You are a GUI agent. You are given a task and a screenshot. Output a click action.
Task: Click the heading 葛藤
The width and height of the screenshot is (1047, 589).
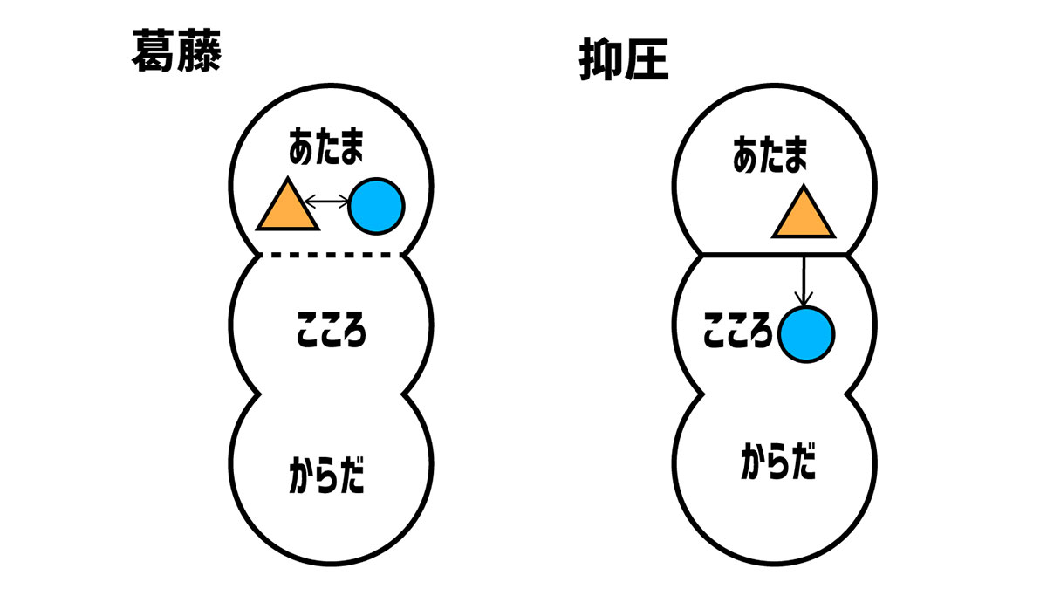coord(174,52)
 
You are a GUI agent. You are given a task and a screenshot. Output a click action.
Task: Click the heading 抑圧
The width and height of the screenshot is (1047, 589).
coord(623,62)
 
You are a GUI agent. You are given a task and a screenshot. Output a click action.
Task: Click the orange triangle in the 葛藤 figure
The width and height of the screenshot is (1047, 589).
coord(287,209)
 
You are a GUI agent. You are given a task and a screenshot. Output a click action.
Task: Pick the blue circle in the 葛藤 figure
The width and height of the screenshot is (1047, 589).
coord(376,208)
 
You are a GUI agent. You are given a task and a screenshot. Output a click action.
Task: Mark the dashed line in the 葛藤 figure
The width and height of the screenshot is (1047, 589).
coord(332,255)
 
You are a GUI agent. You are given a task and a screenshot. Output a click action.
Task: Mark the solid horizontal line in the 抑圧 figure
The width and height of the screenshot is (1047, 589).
coord(775,254)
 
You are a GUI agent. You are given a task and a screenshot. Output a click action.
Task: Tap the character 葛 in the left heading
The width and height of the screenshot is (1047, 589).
coord(152,52)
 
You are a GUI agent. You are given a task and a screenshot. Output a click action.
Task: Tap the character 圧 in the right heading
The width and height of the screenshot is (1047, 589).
coord(647,62)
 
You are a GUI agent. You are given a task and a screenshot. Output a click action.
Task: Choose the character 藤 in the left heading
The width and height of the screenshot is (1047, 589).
coord(197,52)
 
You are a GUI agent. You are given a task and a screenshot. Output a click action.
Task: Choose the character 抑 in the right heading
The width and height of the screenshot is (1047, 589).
coord(599,62)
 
